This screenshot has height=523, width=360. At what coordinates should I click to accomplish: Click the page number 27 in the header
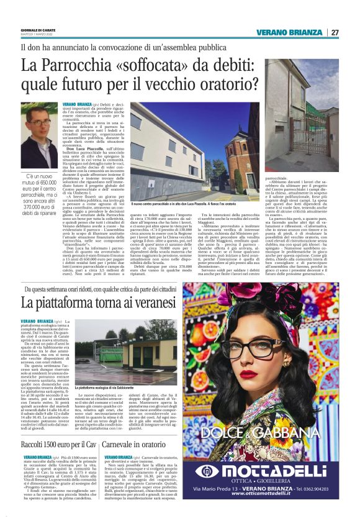(335, 32)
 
